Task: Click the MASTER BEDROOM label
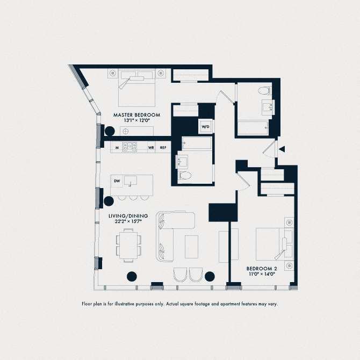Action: (x=136, y=115)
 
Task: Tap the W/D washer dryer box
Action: (x=205, y=127)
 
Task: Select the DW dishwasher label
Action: (x=117, y=181)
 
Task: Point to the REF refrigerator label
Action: (x=163, y=147)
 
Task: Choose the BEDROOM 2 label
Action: (x=262, y=268)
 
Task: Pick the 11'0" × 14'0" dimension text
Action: (x=262, y=274)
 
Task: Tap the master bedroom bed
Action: (x=136, y=87)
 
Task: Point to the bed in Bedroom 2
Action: (x=273, y=244)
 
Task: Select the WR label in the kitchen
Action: (x=152, y=147)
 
